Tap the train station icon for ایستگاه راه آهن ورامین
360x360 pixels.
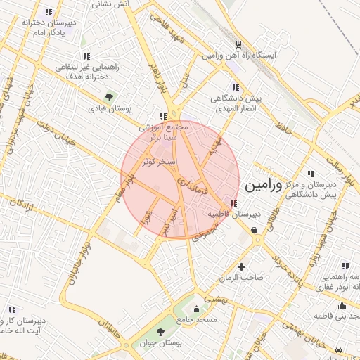239,44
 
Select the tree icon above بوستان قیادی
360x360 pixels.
108,97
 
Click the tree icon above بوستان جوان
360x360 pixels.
162,331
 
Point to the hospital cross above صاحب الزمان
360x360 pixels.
242,266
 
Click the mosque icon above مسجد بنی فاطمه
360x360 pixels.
342,305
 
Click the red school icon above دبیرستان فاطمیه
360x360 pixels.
233,203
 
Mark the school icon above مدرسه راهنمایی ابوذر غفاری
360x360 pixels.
345,266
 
